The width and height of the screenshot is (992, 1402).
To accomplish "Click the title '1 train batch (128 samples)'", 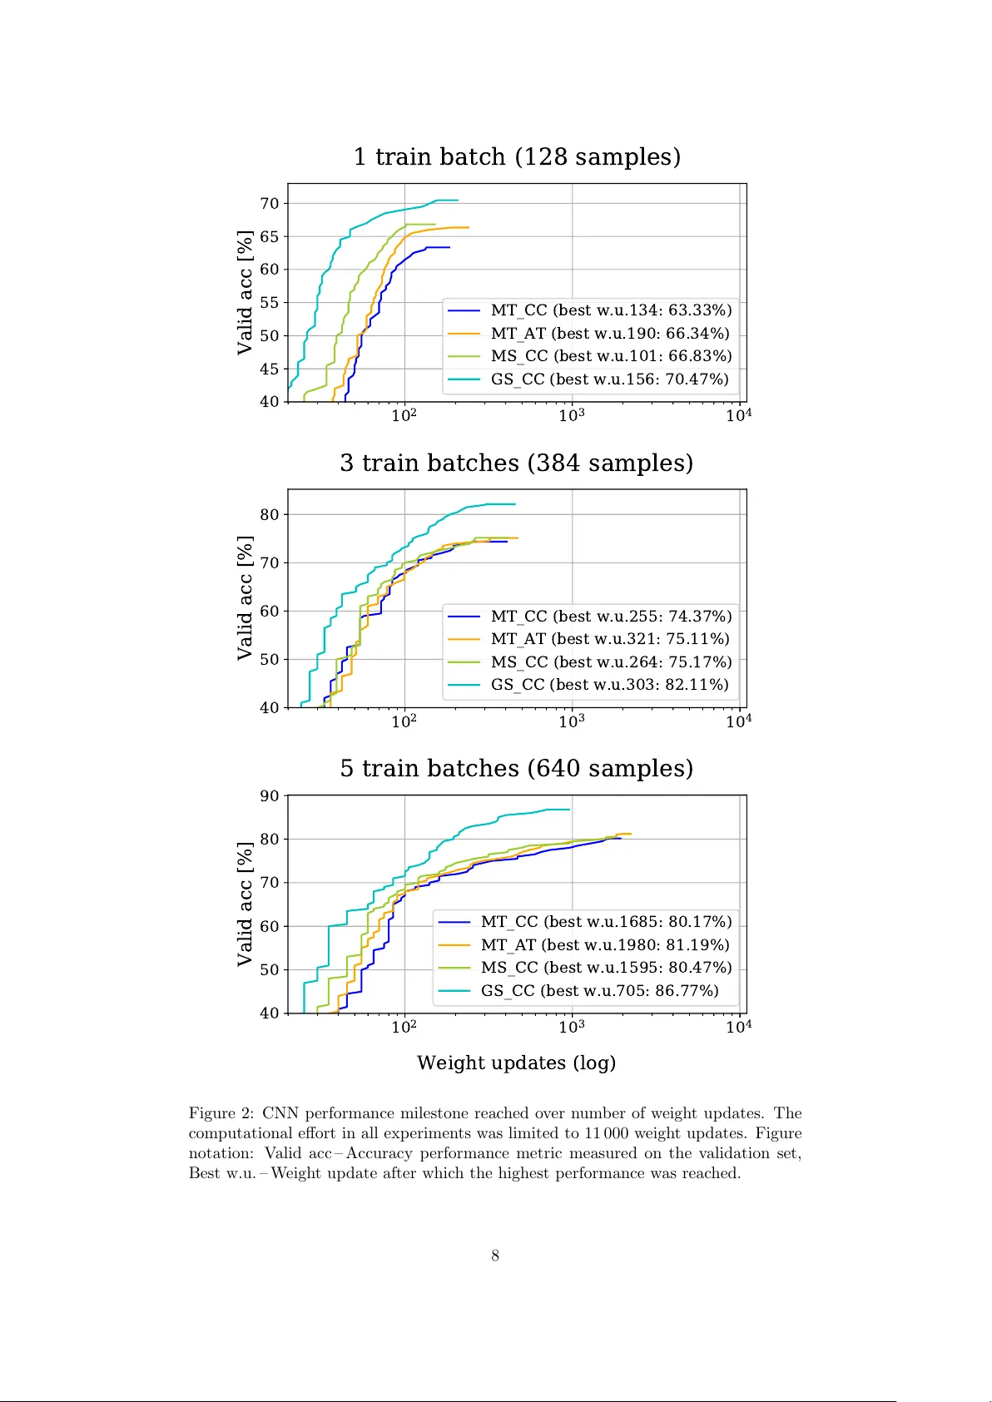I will coord(517,156).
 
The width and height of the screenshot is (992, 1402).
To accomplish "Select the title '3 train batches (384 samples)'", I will coord(516,463).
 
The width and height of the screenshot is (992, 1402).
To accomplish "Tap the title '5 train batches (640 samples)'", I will coord(516,768).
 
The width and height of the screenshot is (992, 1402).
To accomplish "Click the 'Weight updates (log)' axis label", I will coord(516,1063).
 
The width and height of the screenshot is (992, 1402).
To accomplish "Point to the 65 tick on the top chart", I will coord(269,236).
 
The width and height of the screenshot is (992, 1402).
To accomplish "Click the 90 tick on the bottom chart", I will coord(269,796).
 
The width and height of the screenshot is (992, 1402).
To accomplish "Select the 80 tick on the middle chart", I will coord(269,515).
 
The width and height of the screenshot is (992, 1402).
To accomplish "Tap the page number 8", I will coord(495,1256).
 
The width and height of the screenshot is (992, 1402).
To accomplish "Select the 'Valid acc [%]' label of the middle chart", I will coord(245,598).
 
